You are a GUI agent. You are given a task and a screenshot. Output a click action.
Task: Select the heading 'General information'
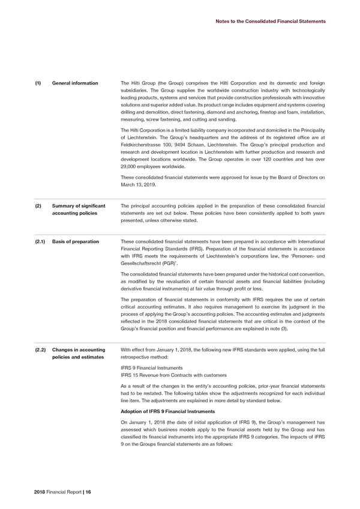pyautogui.click(x=76, y=83)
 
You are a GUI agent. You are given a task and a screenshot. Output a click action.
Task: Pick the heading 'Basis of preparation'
pyautogui.click(x=76, y=241)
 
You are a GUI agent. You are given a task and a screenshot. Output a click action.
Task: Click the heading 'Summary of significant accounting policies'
pyautogui.click(x=79, y=210)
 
